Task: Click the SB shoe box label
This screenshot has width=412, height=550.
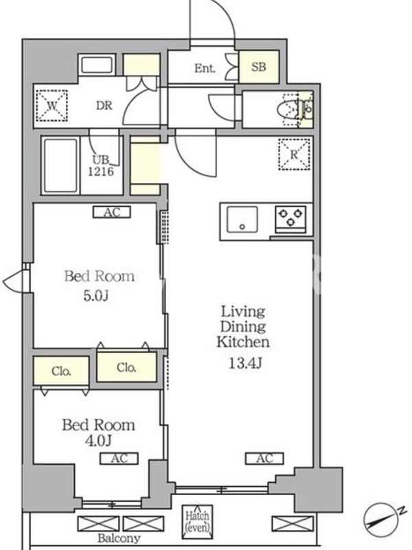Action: coord(259,67)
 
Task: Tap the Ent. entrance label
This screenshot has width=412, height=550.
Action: coord(205,68)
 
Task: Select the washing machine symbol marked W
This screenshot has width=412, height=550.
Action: coord(52,106)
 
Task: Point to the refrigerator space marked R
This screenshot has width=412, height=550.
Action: coord(295,154)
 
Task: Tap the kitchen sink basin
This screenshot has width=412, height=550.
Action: coord(242,219)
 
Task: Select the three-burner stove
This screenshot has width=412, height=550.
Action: coord(290,219)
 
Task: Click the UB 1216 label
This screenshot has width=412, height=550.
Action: coord(101,166)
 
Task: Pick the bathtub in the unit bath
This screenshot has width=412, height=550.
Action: coord(61,166)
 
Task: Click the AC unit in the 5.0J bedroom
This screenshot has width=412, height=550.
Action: coord(112,212)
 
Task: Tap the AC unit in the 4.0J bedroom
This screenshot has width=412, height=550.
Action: coord(119,459)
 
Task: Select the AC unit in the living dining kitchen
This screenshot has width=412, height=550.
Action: coord(264,459)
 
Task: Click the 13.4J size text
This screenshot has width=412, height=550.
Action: coord(245,364)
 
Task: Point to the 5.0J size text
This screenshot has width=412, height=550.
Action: coord(96,296)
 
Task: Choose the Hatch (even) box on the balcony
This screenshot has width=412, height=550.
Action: coord(197,522)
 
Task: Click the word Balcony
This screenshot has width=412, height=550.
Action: coord(119,538)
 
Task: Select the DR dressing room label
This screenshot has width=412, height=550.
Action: coord(104,105)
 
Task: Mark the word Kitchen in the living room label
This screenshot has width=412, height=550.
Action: coord(243,342)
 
